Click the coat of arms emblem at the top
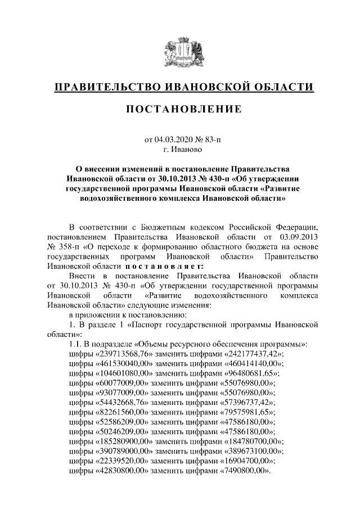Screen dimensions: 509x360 (179, 53)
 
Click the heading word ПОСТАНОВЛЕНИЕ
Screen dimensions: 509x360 (179, 108)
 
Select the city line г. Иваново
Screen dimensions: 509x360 (180, 150)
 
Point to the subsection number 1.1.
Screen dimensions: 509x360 (74, 344)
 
